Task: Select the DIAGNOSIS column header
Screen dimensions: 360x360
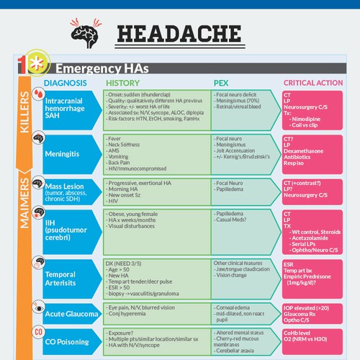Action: click(66, 83)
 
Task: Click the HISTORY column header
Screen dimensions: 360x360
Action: click(132, 83)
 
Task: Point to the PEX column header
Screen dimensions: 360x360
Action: click(221, 83)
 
